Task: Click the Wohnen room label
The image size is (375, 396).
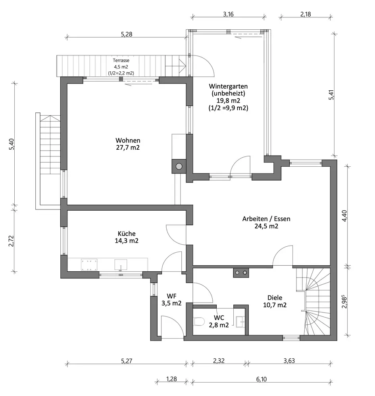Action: [128, 144]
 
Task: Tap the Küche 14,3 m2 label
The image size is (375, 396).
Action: [127, 237]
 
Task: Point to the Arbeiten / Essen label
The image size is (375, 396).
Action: [266, 222]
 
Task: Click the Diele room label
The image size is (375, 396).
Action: [275, 301]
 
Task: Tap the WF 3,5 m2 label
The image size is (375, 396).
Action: [171, 299]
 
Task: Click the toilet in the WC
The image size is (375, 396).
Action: [199, 322]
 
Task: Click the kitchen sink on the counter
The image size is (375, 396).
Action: [121, 265]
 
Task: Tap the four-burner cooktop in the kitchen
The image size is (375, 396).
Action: [89, 265]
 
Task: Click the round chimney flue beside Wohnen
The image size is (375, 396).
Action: [179, 166]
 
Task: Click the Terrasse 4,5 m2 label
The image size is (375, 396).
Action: [121, 67]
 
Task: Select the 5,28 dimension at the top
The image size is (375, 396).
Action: [127, 34]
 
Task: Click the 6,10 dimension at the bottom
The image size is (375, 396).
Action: [262, 379]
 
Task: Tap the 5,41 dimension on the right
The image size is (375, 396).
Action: [331, 95]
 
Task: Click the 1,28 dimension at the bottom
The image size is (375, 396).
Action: [171, 379]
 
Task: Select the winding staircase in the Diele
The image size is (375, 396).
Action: [313, 301]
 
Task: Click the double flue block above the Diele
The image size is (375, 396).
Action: [241, 272]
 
